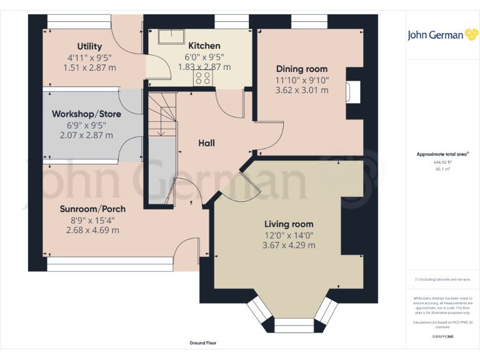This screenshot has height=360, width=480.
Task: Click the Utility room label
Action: point(89,47)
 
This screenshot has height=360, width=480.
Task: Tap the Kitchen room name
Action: point(204,46)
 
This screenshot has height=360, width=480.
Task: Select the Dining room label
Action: point(302,69)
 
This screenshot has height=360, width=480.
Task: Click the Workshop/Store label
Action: point(86,114)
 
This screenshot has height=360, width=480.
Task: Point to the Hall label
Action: point(206,143)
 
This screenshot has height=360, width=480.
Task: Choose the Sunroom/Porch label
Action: point(92,209)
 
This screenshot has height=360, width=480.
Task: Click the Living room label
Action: point(289,224)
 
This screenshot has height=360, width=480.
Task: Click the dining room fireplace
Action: point(353,92)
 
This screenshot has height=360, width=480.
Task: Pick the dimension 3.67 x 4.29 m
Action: point(289,246)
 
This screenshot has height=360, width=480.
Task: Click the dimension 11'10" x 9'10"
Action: point(302,80)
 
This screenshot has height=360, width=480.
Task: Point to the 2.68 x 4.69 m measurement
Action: point(92,230)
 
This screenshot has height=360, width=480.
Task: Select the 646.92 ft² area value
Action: point(442,161)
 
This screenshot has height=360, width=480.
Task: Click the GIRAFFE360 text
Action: point(442,337)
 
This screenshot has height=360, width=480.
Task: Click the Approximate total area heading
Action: point(442,154)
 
